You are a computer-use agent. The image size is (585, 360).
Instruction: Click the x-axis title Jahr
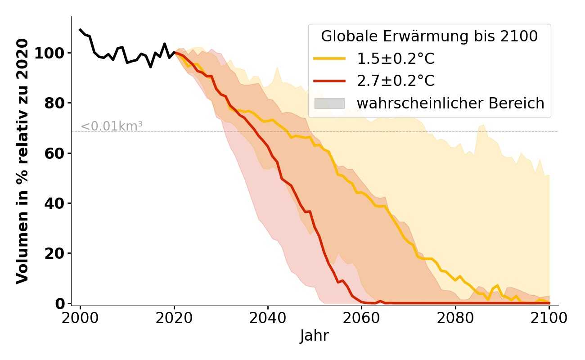pos(315,336)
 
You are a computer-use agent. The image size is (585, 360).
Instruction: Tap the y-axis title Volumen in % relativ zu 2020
pos(22,161)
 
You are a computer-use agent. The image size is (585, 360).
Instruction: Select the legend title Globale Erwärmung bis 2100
pos(429,36)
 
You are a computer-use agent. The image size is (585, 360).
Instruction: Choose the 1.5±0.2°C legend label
pos(396,59)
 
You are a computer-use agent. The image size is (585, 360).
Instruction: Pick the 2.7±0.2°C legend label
pos(396,81)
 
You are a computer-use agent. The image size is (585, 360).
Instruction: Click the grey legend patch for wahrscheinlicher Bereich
pos(329,103)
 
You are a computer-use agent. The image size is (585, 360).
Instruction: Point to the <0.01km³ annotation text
pos(112,126)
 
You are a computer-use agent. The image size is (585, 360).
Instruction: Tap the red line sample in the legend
pos(329,81)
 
